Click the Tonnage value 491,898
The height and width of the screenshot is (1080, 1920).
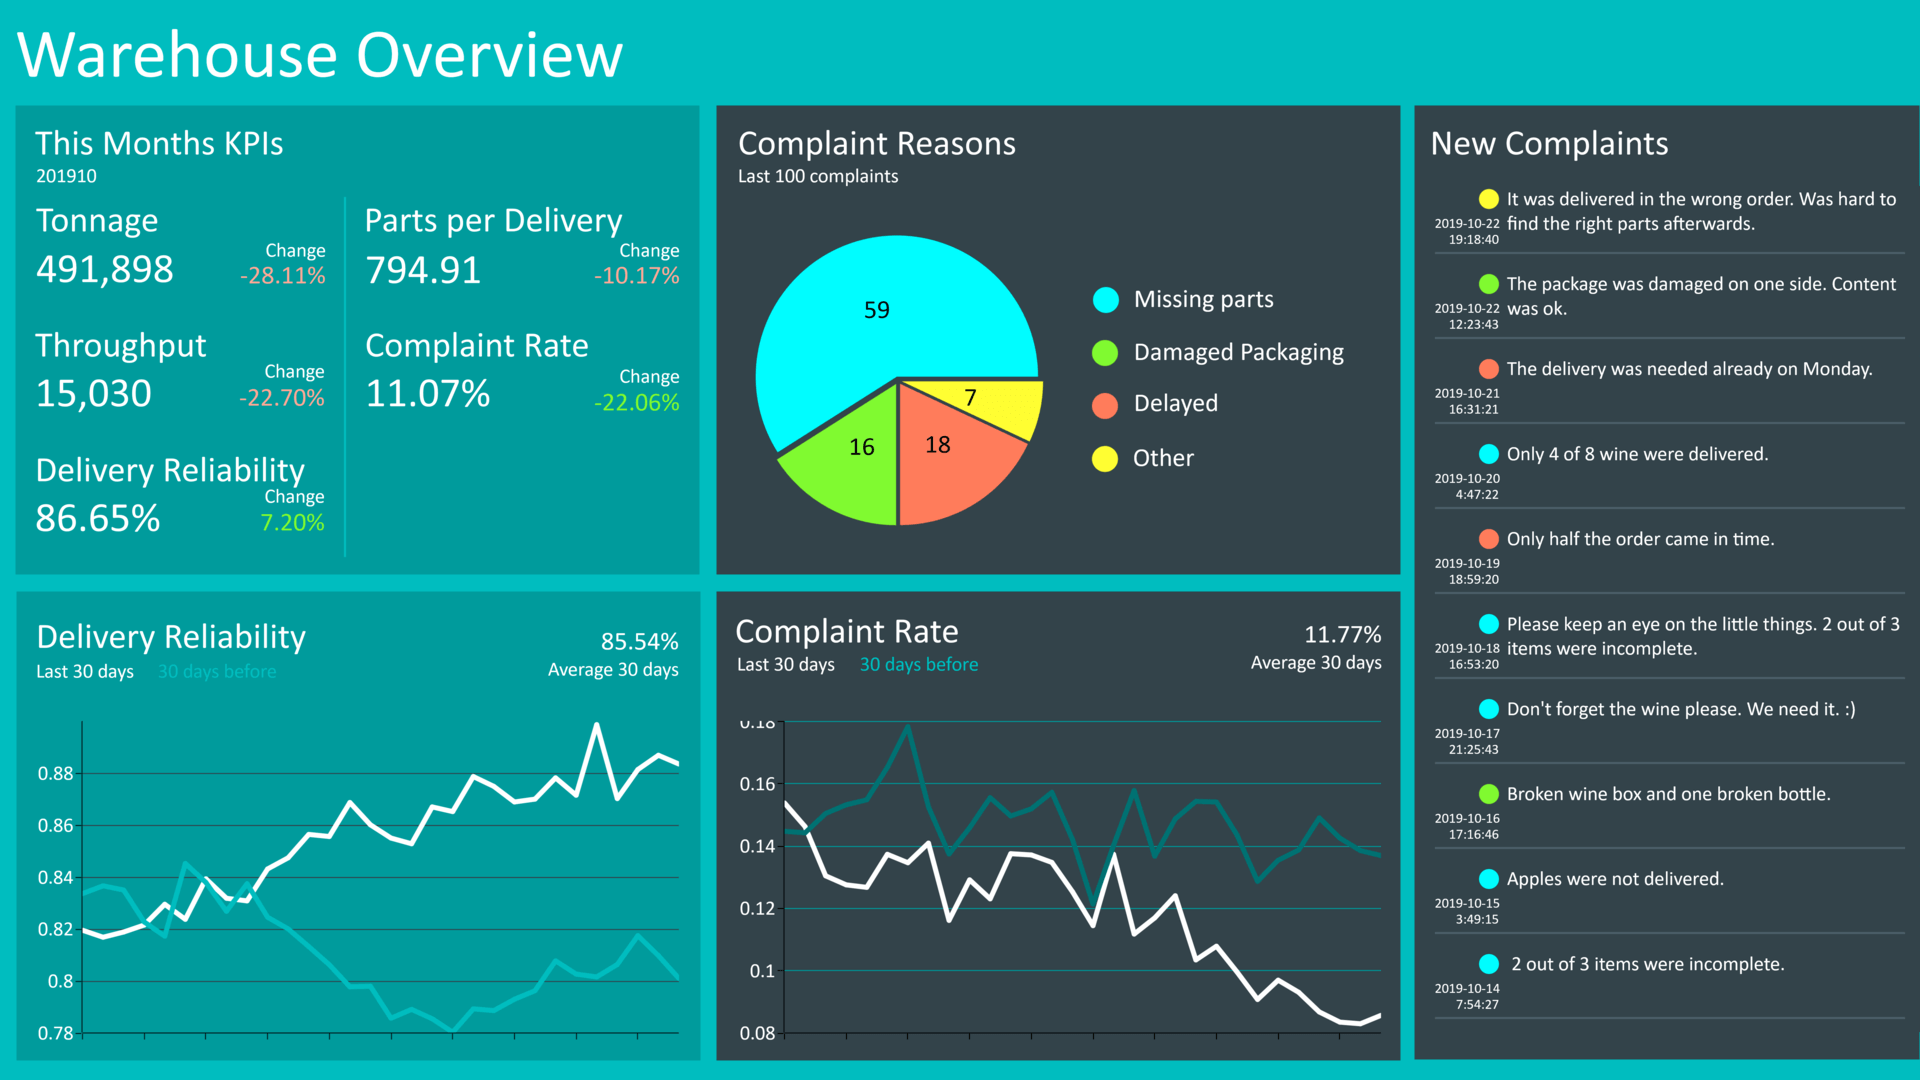[x=104, y=269]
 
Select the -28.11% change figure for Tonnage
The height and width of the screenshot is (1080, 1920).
[x=282, y=276]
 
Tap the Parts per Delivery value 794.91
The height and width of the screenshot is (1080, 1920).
[x=422, y=270]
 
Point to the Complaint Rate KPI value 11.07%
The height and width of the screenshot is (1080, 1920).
[x=427, y=394]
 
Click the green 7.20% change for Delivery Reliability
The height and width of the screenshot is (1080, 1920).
[x=292, y=522]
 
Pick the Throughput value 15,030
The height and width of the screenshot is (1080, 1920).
[x=93, y=394]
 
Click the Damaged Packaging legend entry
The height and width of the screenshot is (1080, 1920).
[x=1238, y=352]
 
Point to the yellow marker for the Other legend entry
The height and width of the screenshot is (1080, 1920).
[x=1105, y=459]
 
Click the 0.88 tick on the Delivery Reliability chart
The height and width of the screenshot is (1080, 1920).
[x=55, y=773]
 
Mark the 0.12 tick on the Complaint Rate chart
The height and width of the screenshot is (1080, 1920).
[x=757, y=908]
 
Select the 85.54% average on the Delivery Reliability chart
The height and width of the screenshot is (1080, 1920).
[x=639, y=641]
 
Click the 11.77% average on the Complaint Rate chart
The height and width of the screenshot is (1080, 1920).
[x=1342, y=635]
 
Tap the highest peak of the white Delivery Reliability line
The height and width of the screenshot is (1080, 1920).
[x=597, y=725]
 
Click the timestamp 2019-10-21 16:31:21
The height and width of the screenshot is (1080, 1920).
[x=1467, y=401]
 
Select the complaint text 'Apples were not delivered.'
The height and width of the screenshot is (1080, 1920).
[x=1615, y=879]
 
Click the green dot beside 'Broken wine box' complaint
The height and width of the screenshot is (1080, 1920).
[x=1489, y=794]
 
